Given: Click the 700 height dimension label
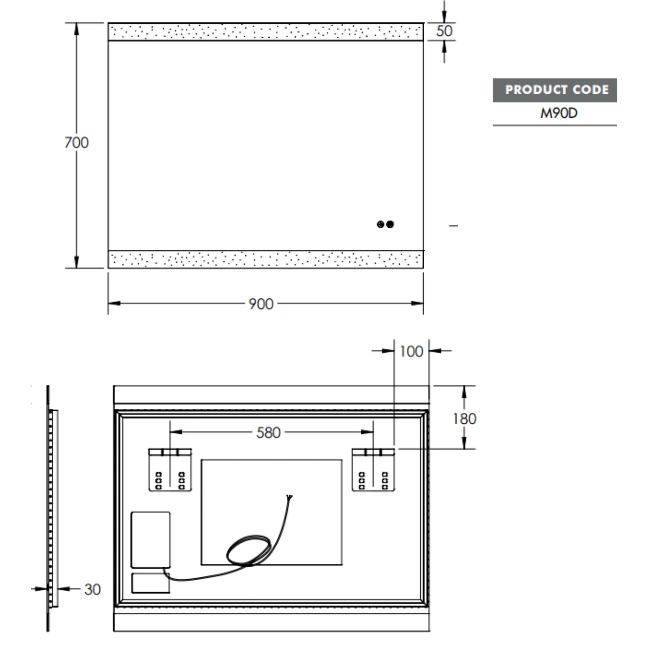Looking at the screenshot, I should click(77, 143).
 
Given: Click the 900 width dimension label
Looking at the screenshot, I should click(261, 304).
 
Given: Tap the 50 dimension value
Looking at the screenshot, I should click(444, 31).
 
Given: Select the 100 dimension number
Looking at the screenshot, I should click(411, 352).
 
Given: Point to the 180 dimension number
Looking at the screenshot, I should click(464, 419).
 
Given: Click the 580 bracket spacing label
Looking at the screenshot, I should click(268, 433).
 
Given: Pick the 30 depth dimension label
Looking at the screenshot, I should click(92, 589).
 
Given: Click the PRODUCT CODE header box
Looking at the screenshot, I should click(554, 90).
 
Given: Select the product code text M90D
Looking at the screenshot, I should click(559, 113).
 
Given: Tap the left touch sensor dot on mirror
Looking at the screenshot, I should click(380, 224).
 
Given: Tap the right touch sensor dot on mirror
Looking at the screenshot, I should click(390, 224).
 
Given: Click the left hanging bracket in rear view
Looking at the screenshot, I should click(170, 470).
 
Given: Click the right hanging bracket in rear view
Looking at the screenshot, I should click(373, 470).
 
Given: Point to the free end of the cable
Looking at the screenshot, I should click(290, 497).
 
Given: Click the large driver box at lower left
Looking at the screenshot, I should click(151, 540).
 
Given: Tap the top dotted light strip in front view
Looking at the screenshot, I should click(266, 32).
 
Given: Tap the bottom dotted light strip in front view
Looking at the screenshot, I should click(266, 259).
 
